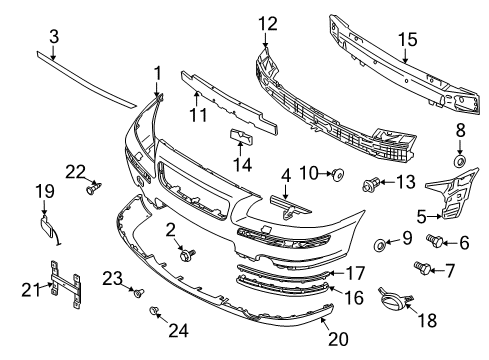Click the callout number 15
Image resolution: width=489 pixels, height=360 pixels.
coord(407,39)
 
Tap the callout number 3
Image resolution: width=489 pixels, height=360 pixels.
coord(54,36)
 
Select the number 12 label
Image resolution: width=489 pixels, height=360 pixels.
coord(268,24)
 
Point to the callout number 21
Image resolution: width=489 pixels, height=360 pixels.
coord(31,289)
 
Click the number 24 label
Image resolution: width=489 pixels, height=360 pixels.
coord(178,330)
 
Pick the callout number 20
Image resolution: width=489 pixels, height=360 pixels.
coord(338,339)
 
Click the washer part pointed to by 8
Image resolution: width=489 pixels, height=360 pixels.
coord(460,161)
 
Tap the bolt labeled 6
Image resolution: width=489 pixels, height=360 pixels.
coord(435,240)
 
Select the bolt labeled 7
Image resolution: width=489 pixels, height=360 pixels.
coord(422,268)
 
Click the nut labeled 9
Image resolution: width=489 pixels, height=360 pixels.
coord(380,246)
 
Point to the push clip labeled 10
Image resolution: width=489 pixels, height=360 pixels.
coord(338,174)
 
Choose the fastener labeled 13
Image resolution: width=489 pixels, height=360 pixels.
coord(371,184)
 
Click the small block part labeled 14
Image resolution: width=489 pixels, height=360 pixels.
coord(241,136)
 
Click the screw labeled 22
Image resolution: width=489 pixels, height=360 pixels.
coord(94,188)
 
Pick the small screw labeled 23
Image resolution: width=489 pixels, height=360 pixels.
coord(139,293)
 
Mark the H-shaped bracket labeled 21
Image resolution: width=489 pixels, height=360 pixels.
coord(65,284)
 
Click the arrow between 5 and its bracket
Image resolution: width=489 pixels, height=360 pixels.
coord(434,217)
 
